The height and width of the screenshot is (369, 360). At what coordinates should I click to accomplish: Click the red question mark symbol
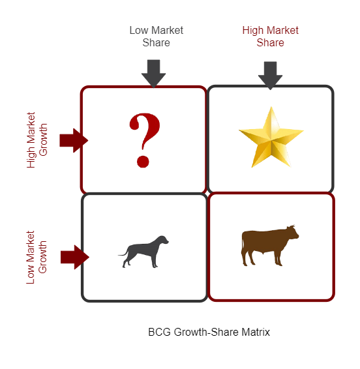[x=144, y=140]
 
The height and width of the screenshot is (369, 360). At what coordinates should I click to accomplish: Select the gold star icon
[x=271, y=138]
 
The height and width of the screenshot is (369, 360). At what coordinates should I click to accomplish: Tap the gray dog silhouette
[x=143, y=252]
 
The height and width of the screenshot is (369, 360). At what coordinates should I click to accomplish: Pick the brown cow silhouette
[x=270, y=245]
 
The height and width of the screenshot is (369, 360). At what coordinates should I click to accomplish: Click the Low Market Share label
[x=157, y=37]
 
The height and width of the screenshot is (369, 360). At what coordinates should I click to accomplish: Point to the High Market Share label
[x=270, y=37]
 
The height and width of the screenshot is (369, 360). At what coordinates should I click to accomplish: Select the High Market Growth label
[x=37, y=140]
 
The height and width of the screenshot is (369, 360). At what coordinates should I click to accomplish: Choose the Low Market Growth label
[x=37, y=258]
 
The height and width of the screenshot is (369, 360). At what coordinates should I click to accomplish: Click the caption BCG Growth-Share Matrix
[x=209, y=332]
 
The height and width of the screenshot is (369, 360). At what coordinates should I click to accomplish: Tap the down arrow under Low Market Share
[x=153, y=74]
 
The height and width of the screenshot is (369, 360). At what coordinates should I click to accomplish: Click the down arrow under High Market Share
[x=270, y=76]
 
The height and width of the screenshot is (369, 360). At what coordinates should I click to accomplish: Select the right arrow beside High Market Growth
[x=74, y=140]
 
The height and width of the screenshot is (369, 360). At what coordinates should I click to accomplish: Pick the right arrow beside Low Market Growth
[x=75, y=257]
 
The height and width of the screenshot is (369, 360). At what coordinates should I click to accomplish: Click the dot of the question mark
[x=143, y=162]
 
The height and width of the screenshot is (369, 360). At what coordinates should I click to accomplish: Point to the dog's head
[x=162, y=241]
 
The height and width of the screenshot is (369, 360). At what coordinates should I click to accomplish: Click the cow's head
[x=293, y=232]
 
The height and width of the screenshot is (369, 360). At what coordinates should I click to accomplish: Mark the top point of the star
[x=271, y=107]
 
